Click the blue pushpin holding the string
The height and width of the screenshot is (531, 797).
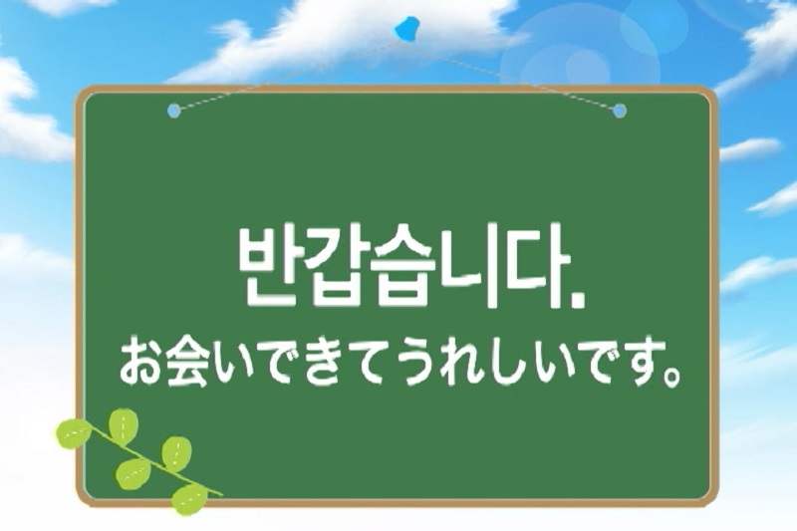[406, 29]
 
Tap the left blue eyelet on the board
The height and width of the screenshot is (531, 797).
[173, 111]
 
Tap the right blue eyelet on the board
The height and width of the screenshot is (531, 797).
[620, 111]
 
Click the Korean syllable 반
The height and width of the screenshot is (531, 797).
[269, 265]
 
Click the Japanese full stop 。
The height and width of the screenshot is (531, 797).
[670, 377]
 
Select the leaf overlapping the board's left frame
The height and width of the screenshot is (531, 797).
[74, 434]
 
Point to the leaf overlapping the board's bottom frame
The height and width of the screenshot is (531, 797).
[189, 499]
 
